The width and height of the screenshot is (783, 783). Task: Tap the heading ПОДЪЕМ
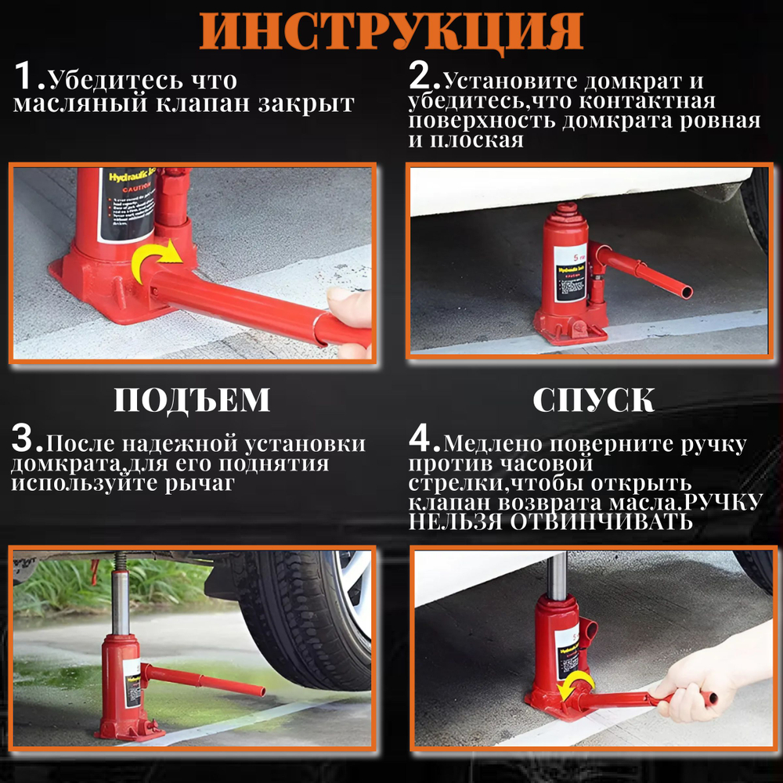click(192, 400)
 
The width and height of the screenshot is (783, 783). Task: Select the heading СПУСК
click(593, 400)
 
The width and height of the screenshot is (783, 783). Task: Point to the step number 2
click(423, 78)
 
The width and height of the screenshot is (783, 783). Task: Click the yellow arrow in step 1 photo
click(155, 262)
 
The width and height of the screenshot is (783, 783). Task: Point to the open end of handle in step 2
click(686, 292)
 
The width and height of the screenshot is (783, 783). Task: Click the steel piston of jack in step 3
click(121, 603)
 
